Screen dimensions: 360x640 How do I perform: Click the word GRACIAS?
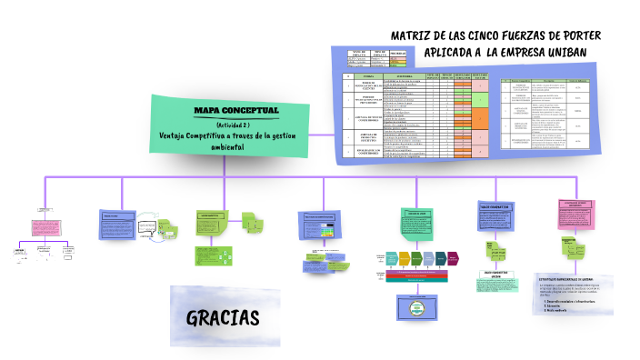pyautogui.click(x=223, y=317)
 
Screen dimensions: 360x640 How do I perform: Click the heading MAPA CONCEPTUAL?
pyautogui.click(x=236, y=110)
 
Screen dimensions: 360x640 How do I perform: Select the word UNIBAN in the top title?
pyautogui.click(x=568, y=51)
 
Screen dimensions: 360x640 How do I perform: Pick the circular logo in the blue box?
pyautogui.click(x=415, y=306)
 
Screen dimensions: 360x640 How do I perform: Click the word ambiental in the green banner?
pyautogui.click(x=227, y=148)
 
